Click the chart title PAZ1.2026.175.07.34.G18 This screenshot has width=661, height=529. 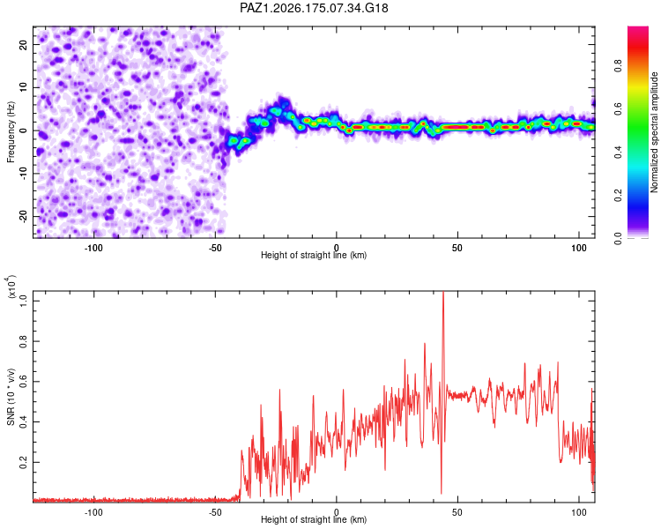pos(314,8)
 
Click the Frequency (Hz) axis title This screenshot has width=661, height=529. pos(11,132)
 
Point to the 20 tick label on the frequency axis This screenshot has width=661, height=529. pos(23,45)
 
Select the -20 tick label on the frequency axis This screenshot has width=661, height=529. pos(23,217)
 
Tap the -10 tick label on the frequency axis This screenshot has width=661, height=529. pos(23,174)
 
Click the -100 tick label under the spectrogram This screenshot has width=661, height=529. pos(93,248)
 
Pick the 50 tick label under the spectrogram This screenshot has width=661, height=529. pos(457,248)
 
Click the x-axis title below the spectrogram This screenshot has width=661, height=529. pos(314,255)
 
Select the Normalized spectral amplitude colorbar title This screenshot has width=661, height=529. pos(654,132)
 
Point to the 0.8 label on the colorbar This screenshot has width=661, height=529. pos(618,66)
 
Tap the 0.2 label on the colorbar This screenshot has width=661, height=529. pos(618,196)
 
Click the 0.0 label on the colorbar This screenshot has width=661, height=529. pos(618,238)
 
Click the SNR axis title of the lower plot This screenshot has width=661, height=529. pos(11,397)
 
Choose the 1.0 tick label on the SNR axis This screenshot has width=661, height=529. pos(23,301)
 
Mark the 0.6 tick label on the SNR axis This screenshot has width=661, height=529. pos(23,382)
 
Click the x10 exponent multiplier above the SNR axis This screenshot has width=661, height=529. pos(11,287)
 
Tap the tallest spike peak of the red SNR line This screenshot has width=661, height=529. pos(443,292)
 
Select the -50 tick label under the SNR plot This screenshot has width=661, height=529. pos(215,512)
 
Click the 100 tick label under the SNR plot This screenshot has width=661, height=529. pos(579,512)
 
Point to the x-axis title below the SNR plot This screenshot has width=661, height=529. pos(314,519)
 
